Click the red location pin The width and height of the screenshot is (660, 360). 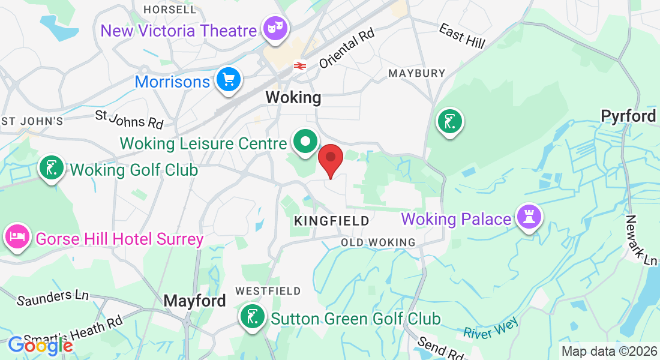330,159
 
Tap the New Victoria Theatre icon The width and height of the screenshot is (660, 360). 275,29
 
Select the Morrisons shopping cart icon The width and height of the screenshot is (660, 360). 229,79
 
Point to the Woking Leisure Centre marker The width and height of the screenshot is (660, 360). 305,142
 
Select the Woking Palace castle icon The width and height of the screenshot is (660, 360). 529,217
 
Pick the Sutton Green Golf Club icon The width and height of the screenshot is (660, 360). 252,316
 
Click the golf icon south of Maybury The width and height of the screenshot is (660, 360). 450,122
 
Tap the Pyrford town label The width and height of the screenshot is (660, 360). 628,116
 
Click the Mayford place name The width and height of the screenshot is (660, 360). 195,301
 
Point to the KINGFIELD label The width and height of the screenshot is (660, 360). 331,221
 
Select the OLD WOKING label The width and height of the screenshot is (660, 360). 378,242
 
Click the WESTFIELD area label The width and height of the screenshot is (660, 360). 268,291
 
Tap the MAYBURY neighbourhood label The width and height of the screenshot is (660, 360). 416,73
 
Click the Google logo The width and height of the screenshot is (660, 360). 40,345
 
